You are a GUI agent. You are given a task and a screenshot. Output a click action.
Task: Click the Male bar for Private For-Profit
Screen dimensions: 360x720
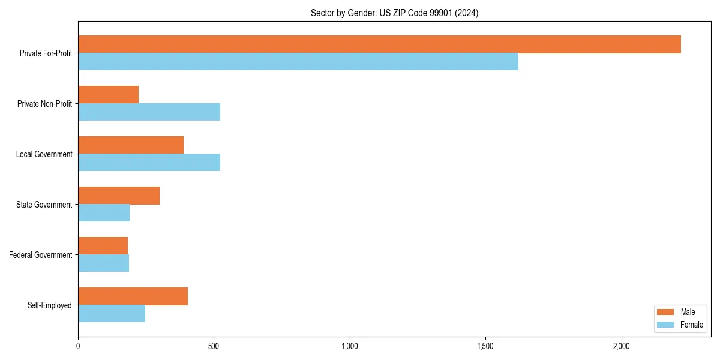(379, 44)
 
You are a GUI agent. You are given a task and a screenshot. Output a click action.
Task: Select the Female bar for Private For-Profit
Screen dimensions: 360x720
(298, 62)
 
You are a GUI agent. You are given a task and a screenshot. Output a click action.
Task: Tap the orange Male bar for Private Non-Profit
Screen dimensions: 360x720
(108, 95)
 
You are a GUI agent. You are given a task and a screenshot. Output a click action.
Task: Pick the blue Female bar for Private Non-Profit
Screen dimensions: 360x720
(149, 112)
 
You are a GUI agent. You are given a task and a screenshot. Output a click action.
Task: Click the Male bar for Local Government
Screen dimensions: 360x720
(131, 145)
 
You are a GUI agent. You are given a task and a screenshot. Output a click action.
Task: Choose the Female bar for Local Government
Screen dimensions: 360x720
(149, 163)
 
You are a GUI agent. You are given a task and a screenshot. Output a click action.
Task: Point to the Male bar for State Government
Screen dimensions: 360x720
(119, 196)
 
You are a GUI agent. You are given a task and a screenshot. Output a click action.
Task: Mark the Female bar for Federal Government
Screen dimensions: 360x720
(103, 263)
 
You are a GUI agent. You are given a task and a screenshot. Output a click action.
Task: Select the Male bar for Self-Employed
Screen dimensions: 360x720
(133, 296)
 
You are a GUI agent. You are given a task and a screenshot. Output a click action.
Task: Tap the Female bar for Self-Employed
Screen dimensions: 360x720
(112, 314)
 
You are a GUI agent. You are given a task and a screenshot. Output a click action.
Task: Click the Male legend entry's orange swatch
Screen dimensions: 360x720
(665, 312)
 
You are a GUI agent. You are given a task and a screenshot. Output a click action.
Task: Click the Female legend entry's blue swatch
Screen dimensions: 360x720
(665, 325)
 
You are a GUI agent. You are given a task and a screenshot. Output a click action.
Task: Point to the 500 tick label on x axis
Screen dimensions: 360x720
(214, 346)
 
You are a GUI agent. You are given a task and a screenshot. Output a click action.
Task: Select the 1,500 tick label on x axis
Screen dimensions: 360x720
(485, 346)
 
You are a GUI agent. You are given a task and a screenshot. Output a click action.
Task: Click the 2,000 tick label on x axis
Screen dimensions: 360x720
(621, 346)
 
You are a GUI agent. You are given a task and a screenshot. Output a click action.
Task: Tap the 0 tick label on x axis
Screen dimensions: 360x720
(78, 346)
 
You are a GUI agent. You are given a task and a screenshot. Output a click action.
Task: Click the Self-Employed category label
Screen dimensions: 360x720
(50, 305)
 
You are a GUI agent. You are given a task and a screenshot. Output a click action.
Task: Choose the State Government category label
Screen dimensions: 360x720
(44, 205)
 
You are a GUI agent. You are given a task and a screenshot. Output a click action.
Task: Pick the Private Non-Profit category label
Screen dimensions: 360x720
(45, 104)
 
